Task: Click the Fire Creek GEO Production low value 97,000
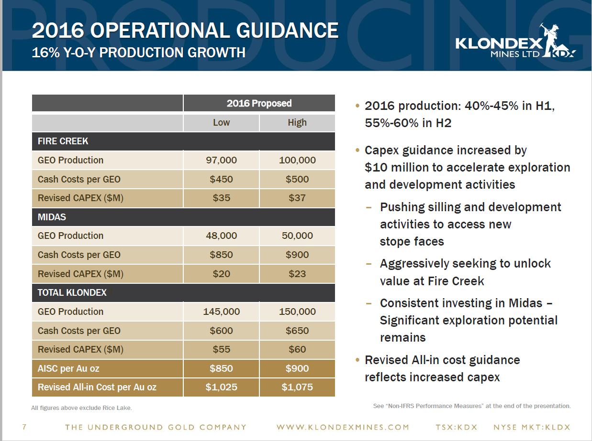pos(221,160)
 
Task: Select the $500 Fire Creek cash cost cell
pos(297,179)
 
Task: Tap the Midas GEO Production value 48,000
pos(221,236)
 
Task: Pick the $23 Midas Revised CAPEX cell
pos(297,274)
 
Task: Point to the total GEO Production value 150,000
pos(297,312)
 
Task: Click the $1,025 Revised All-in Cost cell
pos(221,387)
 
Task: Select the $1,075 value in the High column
pos(297,387)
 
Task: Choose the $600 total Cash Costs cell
pos(221,331)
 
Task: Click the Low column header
pos(221,122)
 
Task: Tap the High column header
pos(297,122)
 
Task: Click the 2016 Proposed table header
pos(259,103)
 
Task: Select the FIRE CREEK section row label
pos(63,141)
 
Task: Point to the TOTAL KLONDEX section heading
pos(72,293)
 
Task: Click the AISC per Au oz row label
pos(68,368)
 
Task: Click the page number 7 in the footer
pos(24,427)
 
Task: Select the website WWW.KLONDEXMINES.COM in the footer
pos(343,427)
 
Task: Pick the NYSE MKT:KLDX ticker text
pos(532,427)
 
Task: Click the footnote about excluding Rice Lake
pos(81,408)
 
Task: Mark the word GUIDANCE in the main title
pos(287,31)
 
